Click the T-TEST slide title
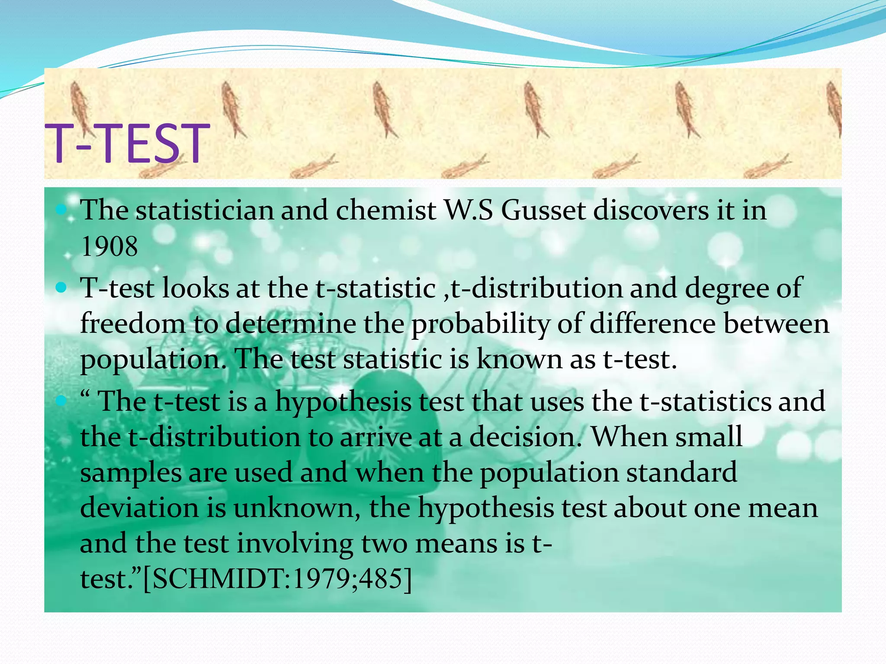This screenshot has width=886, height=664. pos(127,144)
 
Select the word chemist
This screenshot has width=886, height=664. pos(385,211)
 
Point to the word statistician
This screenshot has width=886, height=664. pos(205,211)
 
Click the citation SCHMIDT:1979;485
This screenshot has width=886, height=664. pos(277,579)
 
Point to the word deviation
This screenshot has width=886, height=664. pos(139,508)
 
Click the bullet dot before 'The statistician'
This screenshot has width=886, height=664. pos(61,211)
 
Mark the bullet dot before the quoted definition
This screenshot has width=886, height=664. pos(61,401)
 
